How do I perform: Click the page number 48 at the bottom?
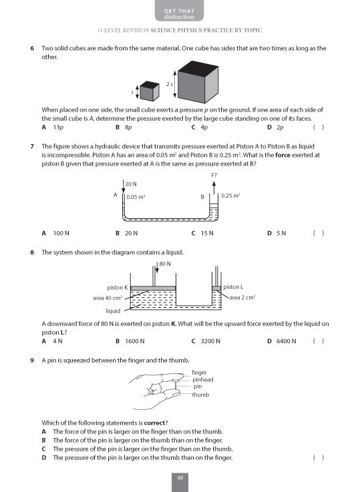pyautogui.click(x=180, y=477)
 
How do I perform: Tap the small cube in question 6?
pyautogui.click(x=149, y=91)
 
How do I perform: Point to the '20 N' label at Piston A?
pyautogui.click(x=130, y=184)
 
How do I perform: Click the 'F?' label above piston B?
pyautogui.click(x=214, y=175)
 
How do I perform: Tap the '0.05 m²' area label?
pyautogui.click(x=136, y=197)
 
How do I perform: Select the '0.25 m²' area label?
pyautogui.click(x=230, y=196)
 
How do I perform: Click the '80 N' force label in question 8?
pyautogui.click(x=165, y=264)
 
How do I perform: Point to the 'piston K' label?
pyautogui.click(x=117, y=287)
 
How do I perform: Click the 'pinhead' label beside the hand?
pyautogui.click(x=202, y=379)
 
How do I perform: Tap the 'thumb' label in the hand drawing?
pyautogui.click(x=200, y=395)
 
